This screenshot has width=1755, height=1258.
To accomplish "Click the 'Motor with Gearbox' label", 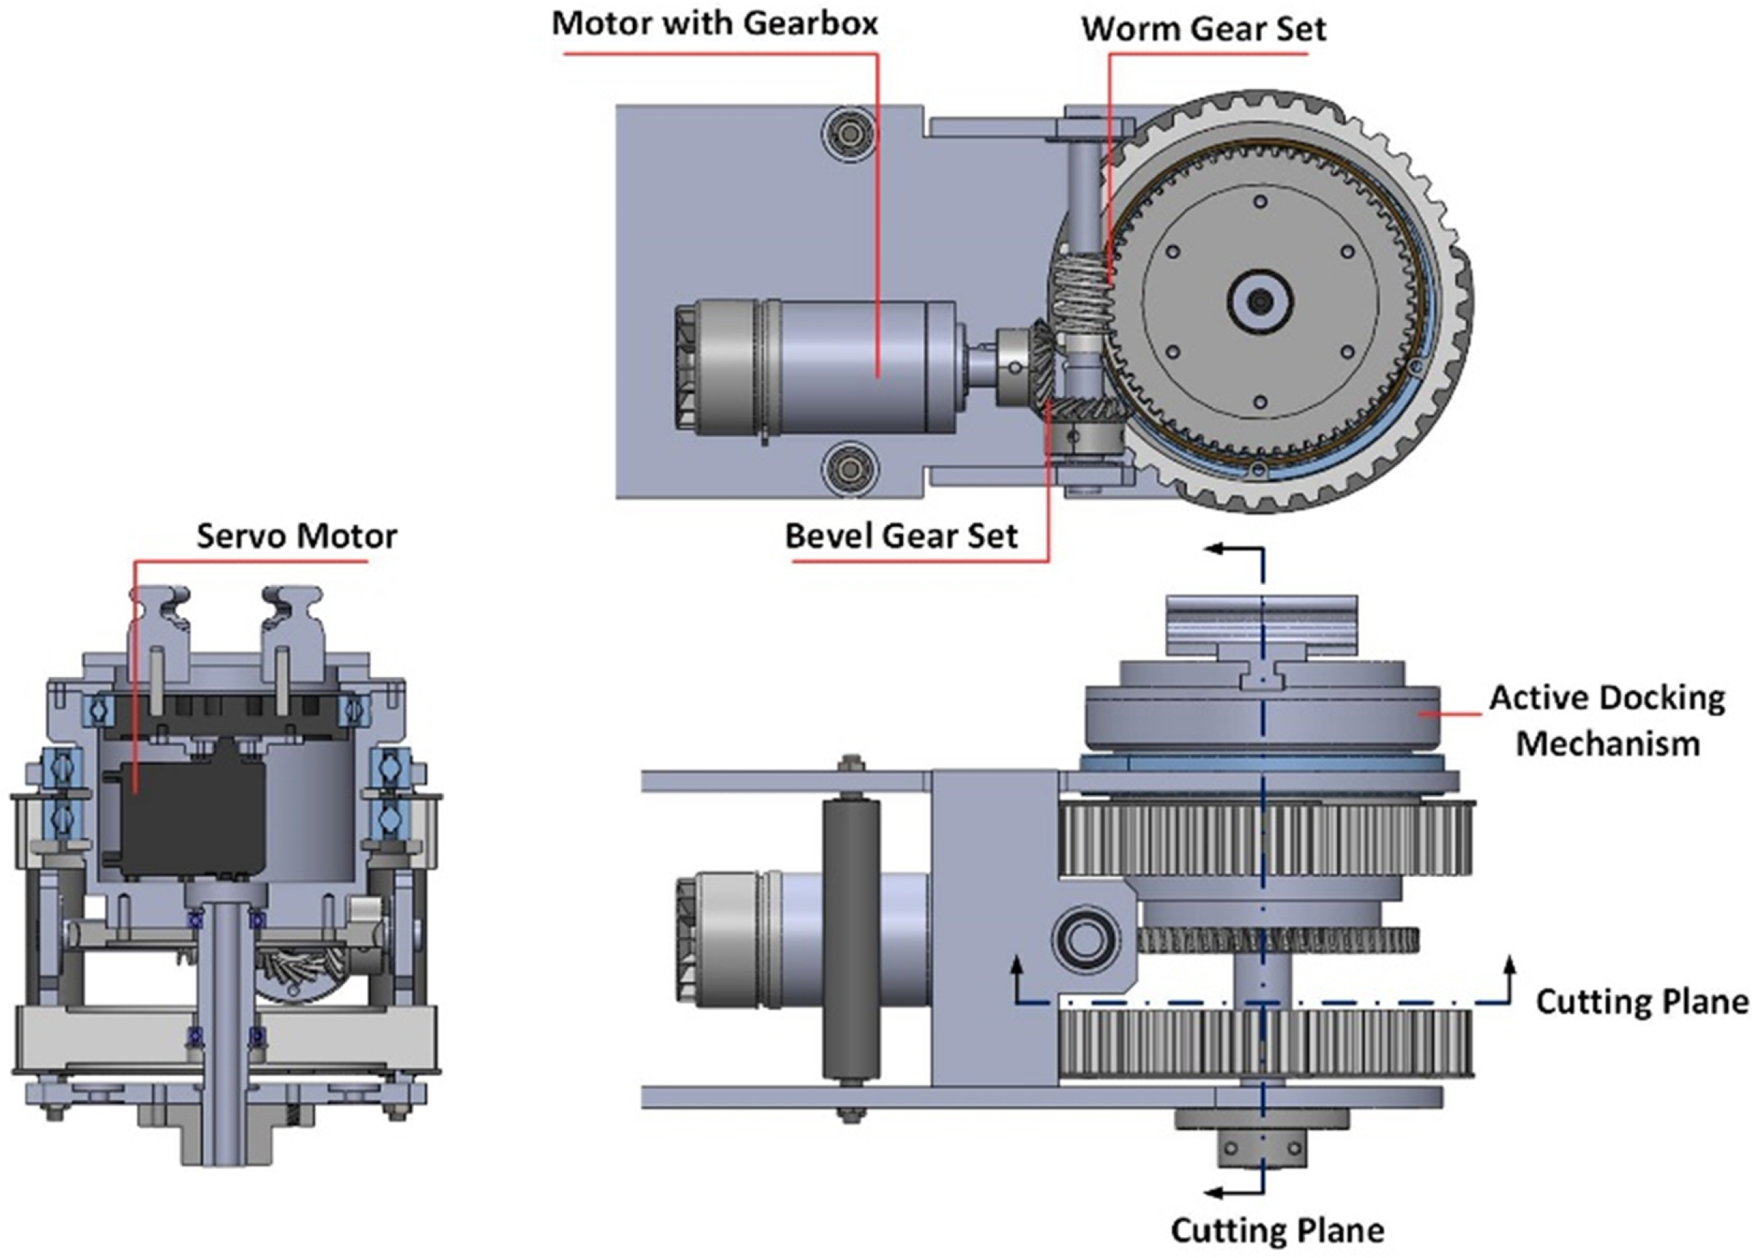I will click(x=714, y=24).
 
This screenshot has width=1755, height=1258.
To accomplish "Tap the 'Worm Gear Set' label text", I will click(x=1203, y=29).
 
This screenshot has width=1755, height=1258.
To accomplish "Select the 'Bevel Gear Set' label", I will click(x=901, y=536).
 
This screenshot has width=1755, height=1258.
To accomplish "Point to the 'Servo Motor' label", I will click(x=297, y=536).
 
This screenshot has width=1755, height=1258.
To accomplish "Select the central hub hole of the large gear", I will click(x=1260, y=300).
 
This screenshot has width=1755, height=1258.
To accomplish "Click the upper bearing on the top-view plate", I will click(x=849, y=136).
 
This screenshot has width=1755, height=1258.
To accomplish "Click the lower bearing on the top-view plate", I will click(x=849, y=468).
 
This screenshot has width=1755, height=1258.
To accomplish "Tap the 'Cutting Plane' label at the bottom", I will click(x=1277, y=1229).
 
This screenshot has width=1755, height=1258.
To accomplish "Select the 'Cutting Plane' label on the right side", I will click(x=1641, y=1001).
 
